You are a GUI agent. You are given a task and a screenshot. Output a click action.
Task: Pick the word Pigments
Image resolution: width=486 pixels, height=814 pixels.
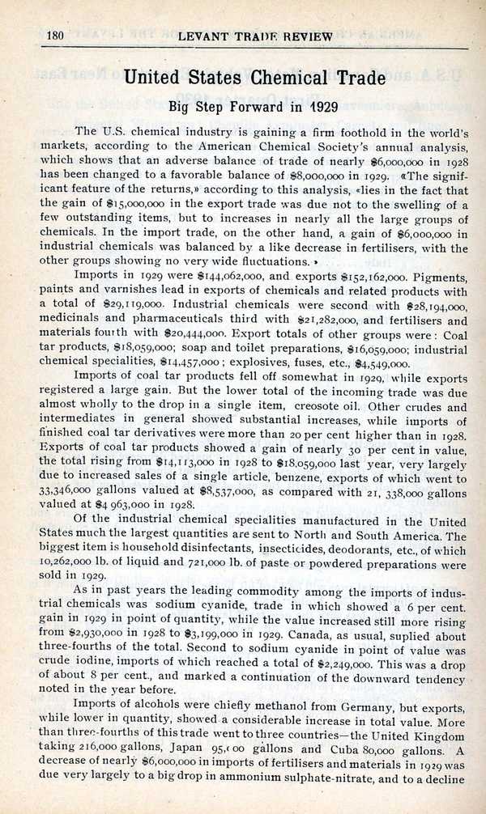click(x=439, y=274)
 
